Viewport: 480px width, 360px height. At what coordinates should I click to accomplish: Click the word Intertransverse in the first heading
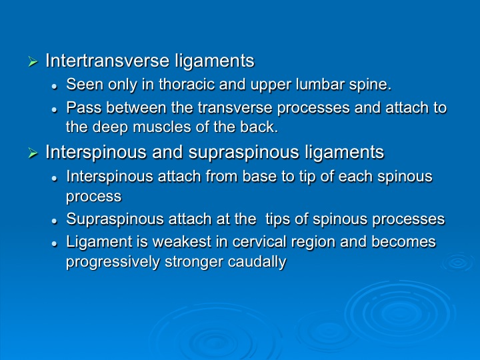pyautogui.click(x=107, y=60)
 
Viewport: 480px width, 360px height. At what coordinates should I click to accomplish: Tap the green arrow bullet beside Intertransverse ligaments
pyautogui.click(x=33, y=61)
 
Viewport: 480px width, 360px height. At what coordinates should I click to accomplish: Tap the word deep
pyautogui.click(x=110, y=127)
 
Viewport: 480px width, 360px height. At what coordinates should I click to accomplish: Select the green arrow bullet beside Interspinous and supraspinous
pyautogui.click(x=33, y=153)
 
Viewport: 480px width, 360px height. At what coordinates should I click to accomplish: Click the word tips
pyautogui.click(x=277, y=219)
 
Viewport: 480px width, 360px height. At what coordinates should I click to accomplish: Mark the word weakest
pyautogui.click(x=182, y=241)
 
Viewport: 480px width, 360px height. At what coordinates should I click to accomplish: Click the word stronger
pyautogui.click(x=194, y=263)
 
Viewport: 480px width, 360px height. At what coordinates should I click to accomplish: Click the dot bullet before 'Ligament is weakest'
pyautogui.click(x=55, y=244)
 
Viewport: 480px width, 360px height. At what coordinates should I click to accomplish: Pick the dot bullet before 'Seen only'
pyautogui.click(x=55, y=87)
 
